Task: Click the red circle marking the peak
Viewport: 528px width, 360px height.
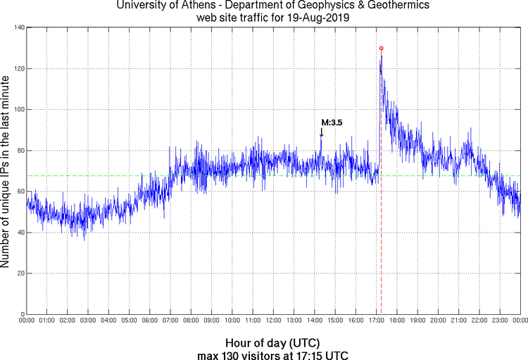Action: [381, 48]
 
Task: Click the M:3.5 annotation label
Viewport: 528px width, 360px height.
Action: [332, 123]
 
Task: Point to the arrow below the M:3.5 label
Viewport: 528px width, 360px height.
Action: [322, 132]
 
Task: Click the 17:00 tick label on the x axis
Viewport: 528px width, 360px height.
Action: [376, 321]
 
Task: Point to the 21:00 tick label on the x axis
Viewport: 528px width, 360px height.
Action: [458, 321]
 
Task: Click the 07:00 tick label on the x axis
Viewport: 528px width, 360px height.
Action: [170, 321]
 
